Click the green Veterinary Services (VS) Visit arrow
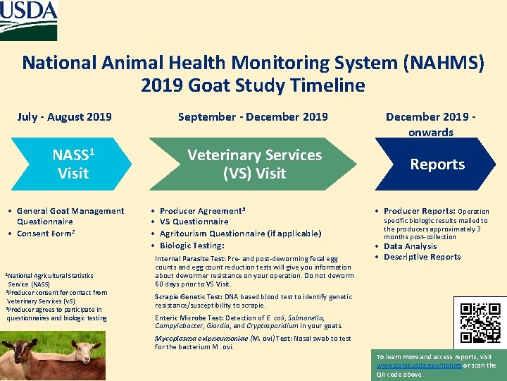click(254, 164)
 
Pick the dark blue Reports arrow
click(437, 164)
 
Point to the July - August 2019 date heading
click(64, 117)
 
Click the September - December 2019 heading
click(253, 117)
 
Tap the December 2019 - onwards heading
click(430, 124)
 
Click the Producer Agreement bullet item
click(203, 211)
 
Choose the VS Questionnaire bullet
click(194, 222)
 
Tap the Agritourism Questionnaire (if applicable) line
click(240, 234)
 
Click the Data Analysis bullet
click(411, 246)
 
